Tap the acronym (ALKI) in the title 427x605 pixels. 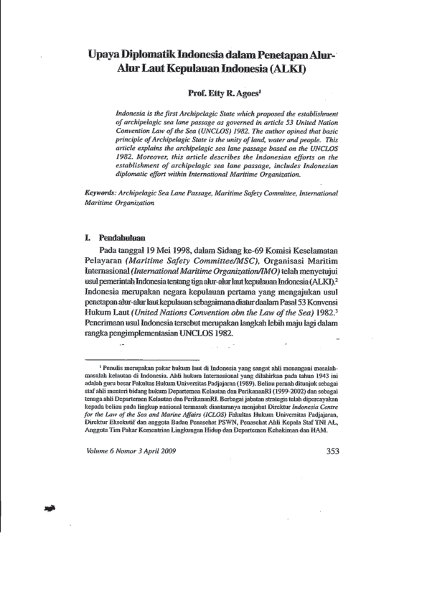click(283, 70)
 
